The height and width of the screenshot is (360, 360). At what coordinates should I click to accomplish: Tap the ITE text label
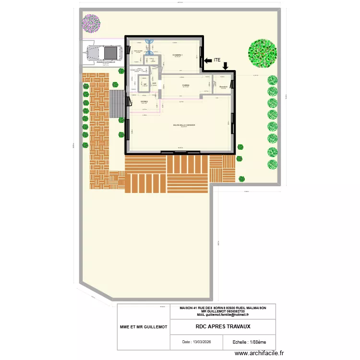pos(217,60)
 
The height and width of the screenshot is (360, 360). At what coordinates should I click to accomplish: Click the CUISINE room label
pos(185,85)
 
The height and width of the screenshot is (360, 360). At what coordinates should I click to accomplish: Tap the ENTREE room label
pos(144,102)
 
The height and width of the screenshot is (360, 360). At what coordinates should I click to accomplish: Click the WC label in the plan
pos(144,84)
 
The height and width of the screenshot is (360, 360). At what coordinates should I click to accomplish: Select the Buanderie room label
pos(223,86)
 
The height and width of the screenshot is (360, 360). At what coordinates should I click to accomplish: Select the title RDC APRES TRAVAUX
pos(223,326)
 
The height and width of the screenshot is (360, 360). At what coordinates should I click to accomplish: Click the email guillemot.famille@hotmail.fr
pos(223,315)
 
